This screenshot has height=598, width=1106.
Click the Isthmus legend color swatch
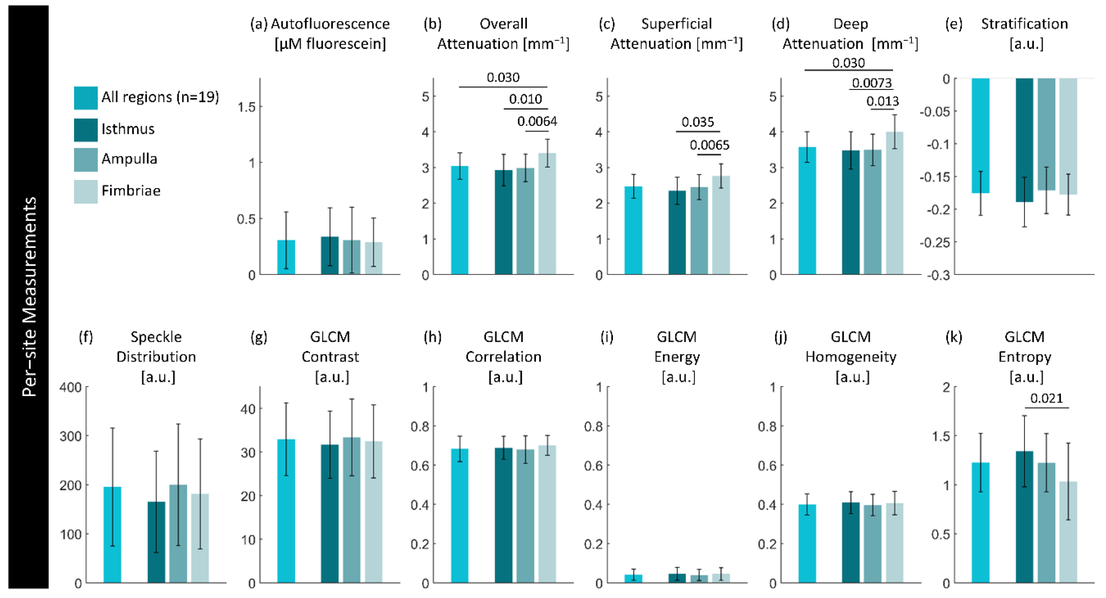pyautogui.click(x=85, y=130)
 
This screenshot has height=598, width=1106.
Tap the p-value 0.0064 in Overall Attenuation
pyautogui.click(x=537, y=121)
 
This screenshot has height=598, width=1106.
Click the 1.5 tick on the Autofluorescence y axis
pyautogui.click(x=247, y=107)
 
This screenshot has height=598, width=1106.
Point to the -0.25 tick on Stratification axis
pyautogui.click(x=935, y=243)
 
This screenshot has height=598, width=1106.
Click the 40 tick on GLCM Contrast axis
pyautogui.click(x=248, y=409)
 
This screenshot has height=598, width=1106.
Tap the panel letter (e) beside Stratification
pyautogui.click(x=954, y=24)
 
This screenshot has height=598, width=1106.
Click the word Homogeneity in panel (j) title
pyautogui.click(x=850, y=357)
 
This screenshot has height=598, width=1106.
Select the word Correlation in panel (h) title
pyautogui.click(x=503, y=357)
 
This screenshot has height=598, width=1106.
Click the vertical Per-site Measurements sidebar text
pyautogui.click(x=29, y=296)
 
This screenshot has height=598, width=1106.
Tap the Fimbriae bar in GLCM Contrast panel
pyautogui.click(x=374, y=511)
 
